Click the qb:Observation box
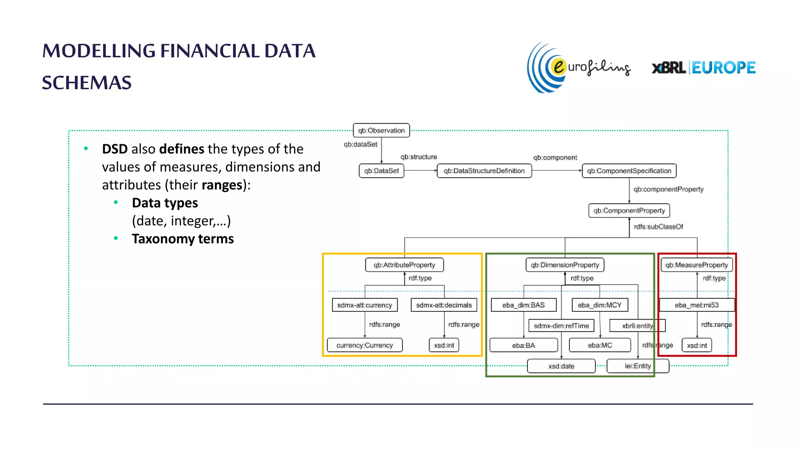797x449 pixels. (x=381, y=131)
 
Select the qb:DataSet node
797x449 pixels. (x=381, y=171)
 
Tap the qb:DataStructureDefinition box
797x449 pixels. (x=484, y=171)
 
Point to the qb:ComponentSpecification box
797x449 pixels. (x=629, y=171)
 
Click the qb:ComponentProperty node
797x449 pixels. (x=629, y=210)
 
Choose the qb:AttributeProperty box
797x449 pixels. (x=404, y=265)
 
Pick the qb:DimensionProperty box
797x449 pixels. (x=565, y=265)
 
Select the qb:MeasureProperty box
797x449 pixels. (x=697, y=265)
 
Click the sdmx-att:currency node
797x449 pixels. (x=365, y=305)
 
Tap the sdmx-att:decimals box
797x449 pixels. (x=444, y=305)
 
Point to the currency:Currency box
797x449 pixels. (x=365, y=345)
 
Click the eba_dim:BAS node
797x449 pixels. (x=523, y=305)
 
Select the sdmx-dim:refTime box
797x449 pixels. (x=561, y=326)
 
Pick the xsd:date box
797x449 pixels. (x=561, y=366)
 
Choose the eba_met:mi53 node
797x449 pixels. (x=697, y=305)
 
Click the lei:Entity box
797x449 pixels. (x=638, y=366)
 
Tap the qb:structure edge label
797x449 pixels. (x=419, y=157)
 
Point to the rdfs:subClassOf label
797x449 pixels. (x=658, y=227)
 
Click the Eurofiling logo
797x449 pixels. (x=578, y=67)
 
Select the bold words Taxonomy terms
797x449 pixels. (x=183, y=239)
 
